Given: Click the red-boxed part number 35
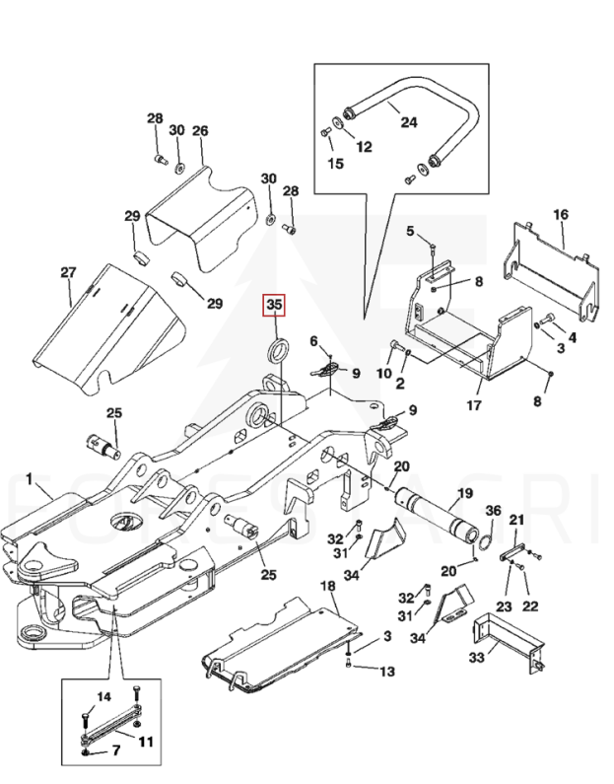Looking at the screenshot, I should tap(274, 306).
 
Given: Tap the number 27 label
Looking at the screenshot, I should tap(68, 272).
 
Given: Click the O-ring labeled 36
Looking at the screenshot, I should tap(486, 538).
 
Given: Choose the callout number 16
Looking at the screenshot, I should tap(561, 214).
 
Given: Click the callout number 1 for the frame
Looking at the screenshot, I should tap(31, 480).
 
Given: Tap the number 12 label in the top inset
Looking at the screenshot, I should tap(364, 147).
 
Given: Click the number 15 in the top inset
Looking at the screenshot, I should tap(335, 164).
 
